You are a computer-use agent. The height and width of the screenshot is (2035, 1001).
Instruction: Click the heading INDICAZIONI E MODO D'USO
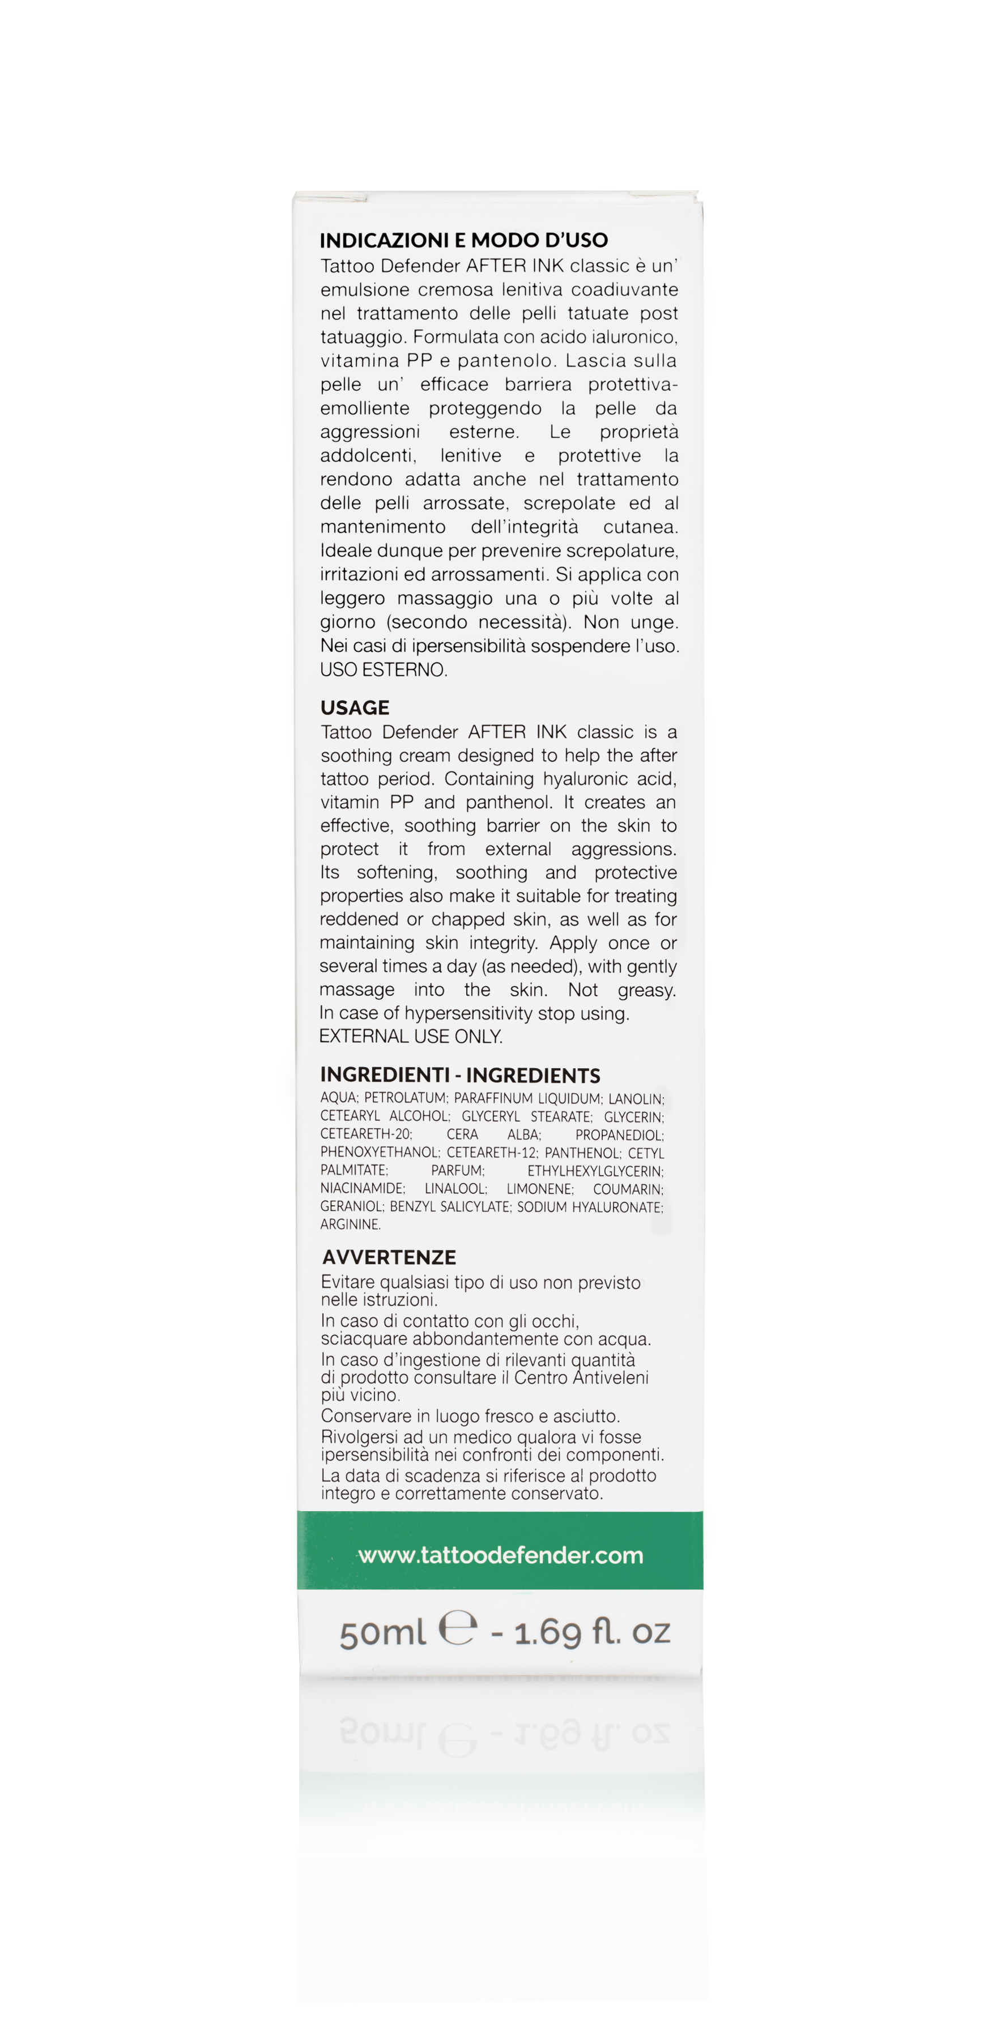pyautogui.click(x=464, y=240)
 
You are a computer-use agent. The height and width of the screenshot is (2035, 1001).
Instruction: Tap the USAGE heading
pyautogui.click(x=355, y=707)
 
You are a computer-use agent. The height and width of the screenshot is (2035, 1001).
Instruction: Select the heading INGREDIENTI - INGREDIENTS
pyautogui.click(x=460, y=1075)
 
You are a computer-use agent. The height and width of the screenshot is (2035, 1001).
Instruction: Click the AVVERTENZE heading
pyautogui.click(x=389, y=1257)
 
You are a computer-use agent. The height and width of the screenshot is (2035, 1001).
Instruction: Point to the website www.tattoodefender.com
pyautogui.click(x=500, y=1555)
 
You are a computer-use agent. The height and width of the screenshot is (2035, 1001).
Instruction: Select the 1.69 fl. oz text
pyautogui.click(x=592, y=1631)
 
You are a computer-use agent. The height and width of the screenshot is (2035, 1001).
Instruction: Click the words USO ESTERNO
pyautogui.click(x=383, y=670)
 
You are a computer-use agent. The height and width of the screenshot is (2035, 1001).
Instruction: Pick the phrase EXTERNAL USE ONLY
pyautogui.click(x=411, y=1036)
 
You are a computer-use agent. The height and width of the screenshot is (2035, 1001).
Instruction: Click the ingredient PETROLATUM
pyautogui.click(x=405, y=1098)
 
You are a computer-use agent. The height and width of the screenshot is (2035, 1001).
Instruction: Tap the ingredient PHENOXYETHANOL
pyautogui.click(x=379, y=1153)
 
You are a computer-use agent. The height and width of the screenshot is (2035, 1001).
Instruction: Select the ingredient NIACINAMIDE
pyautogui.click(x=362, y=1189)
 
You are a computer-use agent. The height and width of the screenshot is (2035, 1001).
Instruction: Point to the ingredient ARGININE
pyautogui.click(x=350, y=1225)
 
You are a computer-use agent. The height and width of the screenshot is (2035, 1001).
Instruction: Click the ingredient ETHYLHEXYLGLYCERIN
pyautogui.click(x=595, y=1171)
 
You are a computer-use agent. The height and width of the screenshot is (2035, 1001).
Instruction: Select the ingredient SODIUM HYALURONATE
pyautogui.click(x=589, y=1207)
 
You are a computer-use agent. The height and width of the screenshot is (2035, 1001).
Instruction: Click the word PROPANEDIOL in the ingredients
pyautogui.click(x=619, y=1134)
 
